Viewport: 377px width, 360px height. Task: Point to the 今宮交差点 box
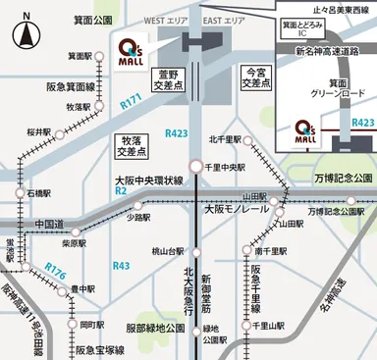(256, 78)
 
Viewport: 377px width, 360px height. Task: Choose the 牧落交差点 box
(129, 147)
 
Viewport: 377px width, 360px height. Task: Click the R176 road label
(56, 267)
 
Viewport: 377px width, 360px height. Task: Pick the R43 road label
(121, 266)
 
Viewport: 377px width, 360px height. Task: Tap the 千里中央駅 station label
(228, 167)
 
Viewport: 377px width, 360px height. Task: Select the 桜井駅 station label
(38, 129)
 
